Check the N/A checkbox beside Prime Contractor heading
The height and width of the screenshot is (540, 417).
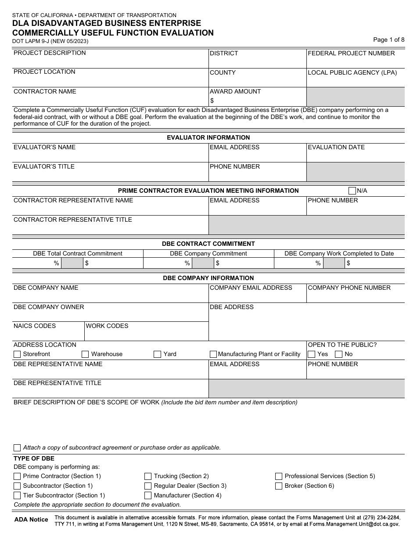pyautogui.click(x=352, y=191)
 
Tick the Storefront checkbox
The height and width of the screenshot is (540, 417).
pyautogui.click(x=17, y=354)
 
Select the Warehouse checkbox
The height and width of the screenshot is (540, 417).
pyautogui.click(x=85, y=354)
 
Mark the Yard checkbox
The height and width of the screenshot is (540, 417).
pyautogui.click(x=157, y=354)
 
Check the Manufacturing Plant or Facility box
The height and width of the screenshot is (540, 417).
pyautogui.click(x=213, y=354)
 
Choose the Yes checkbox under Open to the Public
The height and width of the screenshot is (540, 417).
pyautogui.click(x=312, y=354)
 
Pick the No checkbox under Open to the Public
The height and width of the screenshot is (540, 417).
pyautogui.click(x=339, y=354)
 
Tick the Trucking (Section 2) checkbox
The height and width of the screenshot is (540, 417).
pyautogui.click(x=148, y=476)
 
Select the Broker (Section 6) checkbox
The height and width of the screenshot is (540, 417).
pyautogui.click(x=279, y=486)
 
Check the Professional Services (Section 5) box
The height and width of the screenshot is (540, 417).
pyautogui.click(x=279, y=476)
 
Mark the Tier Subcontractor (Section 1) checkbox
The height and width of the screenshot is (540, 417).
pyautogui.click(x=17, y=496)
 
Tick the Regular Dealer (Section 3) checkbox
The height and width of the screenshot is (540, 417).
pyautogui.click(x=148, y=486)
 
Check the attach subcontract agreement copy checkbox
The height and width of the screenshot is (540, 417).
pyautogui.click(x=17, y=448)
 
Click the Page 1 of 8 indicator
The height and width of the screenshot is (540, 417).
pyautogui.click(x=388, y=40)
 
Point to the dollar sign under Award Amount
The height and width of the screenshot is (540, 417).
pyautogui.click(x=212, y=101)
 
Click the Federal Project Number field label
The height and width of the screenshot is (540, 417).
pyautogui.click(x=351, y=53)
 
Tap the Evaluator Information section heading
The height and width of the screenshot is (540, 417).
pyautogui.click(x=208, y=137)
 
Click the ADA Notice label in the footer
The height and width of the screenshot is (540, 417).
pyautogui.click(x=31, y=519)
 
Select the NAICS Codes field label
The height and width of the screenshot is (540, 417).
pyautogui.click(x=35, y=326)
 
